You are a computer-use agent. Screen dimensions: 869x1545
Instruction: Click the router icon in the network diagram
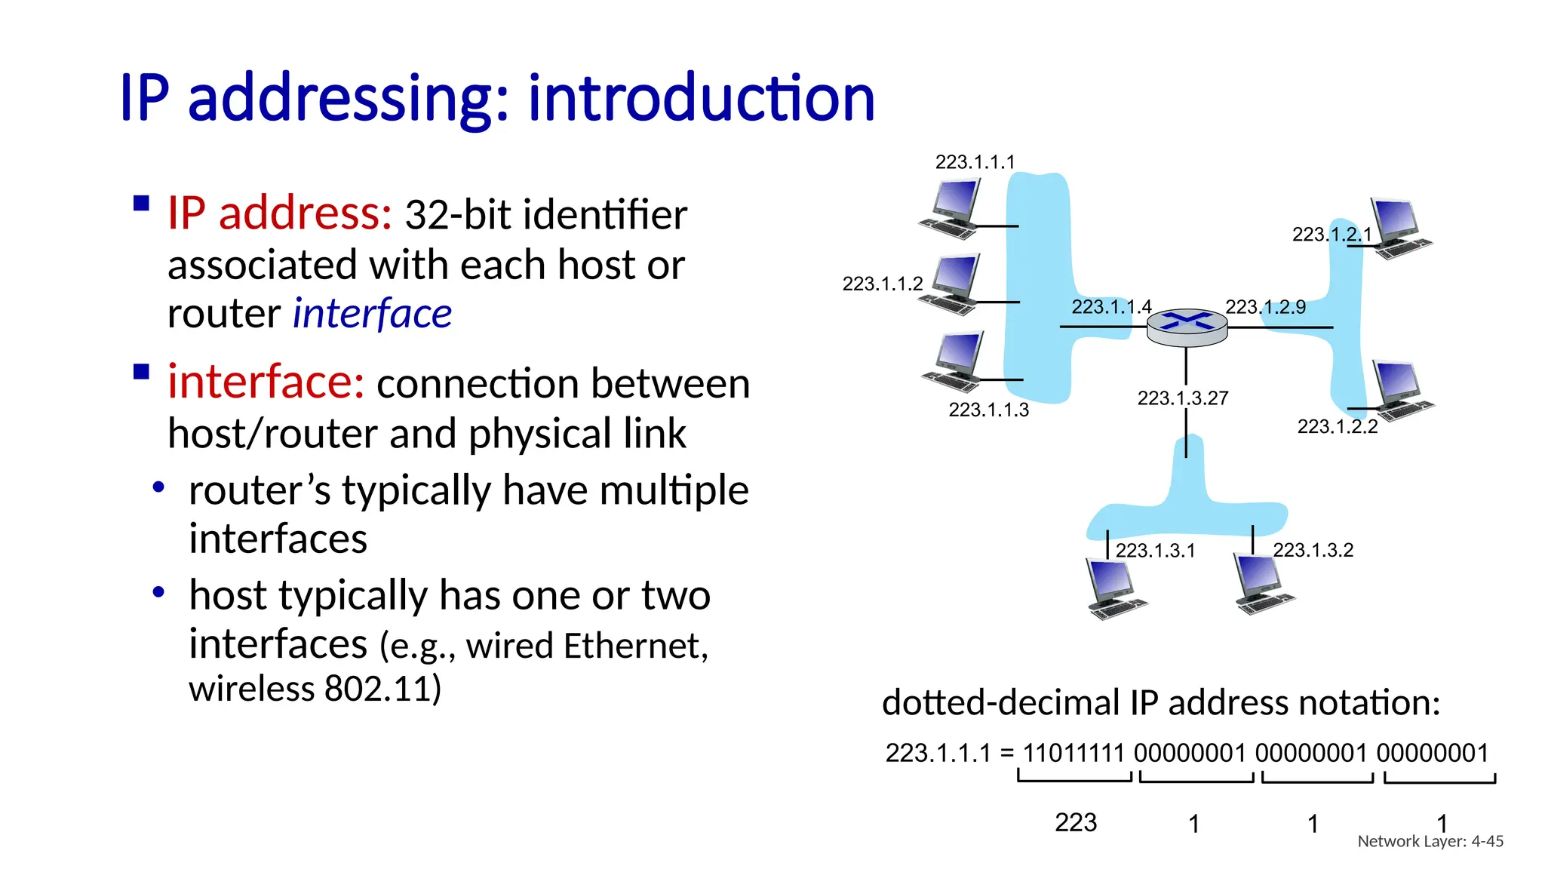point(1187,327)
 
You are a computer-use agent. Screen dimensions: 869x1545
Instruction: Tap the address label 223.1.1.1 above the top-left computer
point(975,162)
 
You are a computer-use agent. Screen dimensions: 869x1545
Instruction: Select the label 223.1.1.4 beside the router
point(1111,307)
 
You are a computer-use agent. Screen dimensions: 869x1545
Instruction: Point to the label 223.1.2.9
point(1265,307)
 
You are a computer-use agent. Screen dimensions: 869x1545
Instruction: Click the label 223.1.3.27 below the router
point(1182,398)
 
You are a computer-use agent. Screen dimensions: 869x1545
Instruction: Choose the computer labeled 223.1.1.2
point(951,284)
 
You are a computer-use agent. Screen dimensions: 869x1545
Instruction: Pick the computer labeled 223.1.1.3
point(953,361)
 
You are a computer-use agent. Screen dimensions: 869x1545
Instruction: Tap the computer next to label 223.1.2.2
point(1401,389)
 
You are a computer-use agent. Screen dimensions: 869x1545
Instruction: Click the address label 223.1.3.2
point(1313,551)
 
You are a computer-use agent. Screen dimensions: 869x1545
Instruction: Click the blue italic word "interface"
point(372,314)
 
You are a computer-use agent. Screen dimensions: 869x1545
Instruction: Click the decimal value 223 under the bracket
point(1075,822)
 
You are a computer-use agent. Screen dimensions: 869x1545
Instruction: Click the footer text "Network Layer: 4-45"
point(1430,841)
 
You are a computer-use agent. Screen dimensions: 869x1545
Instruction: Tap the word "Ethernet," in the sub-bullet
point(636,646)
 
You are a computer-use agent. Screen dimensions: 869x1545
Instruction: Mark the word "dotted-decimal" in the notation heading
point(1000,703)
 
